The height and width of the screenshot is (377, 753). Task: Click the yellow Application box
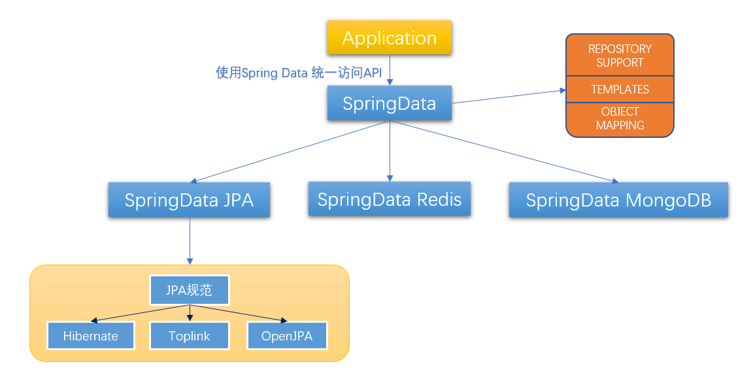[390, 38]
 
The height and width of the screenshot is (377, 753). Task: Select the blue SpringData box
[390, 103]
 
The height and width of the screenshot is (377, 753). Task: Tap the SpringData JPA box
[189, 200]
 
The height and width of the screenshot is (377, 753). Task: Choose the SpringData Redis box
[390, 199]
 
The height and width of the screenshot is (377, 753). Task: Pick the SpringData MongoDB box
[618, 200]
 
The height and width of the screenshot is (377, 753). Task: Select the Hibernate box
[91, 336]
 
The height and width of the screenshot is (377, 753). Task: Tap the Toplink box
[190, 336]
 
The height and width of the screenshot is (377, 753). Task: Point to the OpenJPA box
[287, 336]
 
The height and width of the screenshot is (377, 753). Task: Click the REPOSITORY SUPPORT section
[620, 56]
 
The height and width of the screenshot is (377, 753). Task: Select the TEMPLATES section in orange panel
[620, 90]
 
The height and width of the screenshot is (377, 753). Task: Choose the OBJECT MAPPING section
[620, 119]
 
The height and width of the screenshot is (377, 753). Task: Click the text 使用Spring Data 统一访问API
[299, 73]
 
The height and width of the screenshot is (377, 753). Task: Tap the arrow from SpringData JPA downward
[190, 240]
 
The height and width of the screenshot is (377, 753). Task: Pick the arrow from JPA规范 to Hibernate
[141, 313]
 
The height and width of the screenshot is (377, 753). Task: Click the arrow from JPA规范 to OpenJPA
[239, 313]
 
